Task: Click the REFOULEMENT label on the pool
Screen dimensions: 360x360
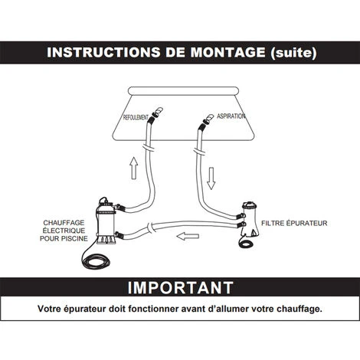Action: click(x=136, y=117)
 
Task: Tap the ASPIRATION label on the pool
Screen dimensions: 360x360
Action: click(x=231, y=116)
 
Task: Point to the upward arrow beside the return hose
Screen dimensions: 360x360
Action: click(x=134, y=168)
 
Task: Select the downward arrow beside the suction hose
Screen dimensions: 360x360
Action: click(x=211, y=178)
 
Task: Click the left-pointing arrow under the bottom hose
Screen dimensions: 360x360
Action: click(x=188, y=237)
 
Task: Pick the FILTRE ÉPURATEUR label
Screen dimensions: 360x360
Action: click(x=294, y=223)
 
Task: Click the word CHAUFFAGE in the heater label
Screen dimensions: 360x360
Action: click(x=64, y=223)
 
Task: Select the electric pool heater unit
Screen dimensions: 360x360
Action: click(x=106, y=221)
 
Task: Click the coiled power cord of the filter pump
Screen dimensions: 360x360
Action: click(x=246, y=243)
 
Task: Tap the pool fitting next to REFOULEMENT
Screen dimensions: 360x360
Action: click(x=157, y=113)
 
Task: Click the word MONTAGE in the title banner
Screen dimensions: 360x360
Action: click(x=227, y=52)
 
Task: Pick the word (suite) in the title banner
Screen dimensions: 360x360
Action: click(x=294, y=53)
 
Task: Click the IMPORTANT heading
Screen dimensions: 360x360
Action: click(x=180, y=288)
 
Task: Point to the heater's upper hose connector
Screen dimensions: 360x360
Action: click(x=119, y=207)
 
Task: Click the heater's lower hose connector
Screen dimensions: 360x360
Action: click(x=119, y=234)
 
